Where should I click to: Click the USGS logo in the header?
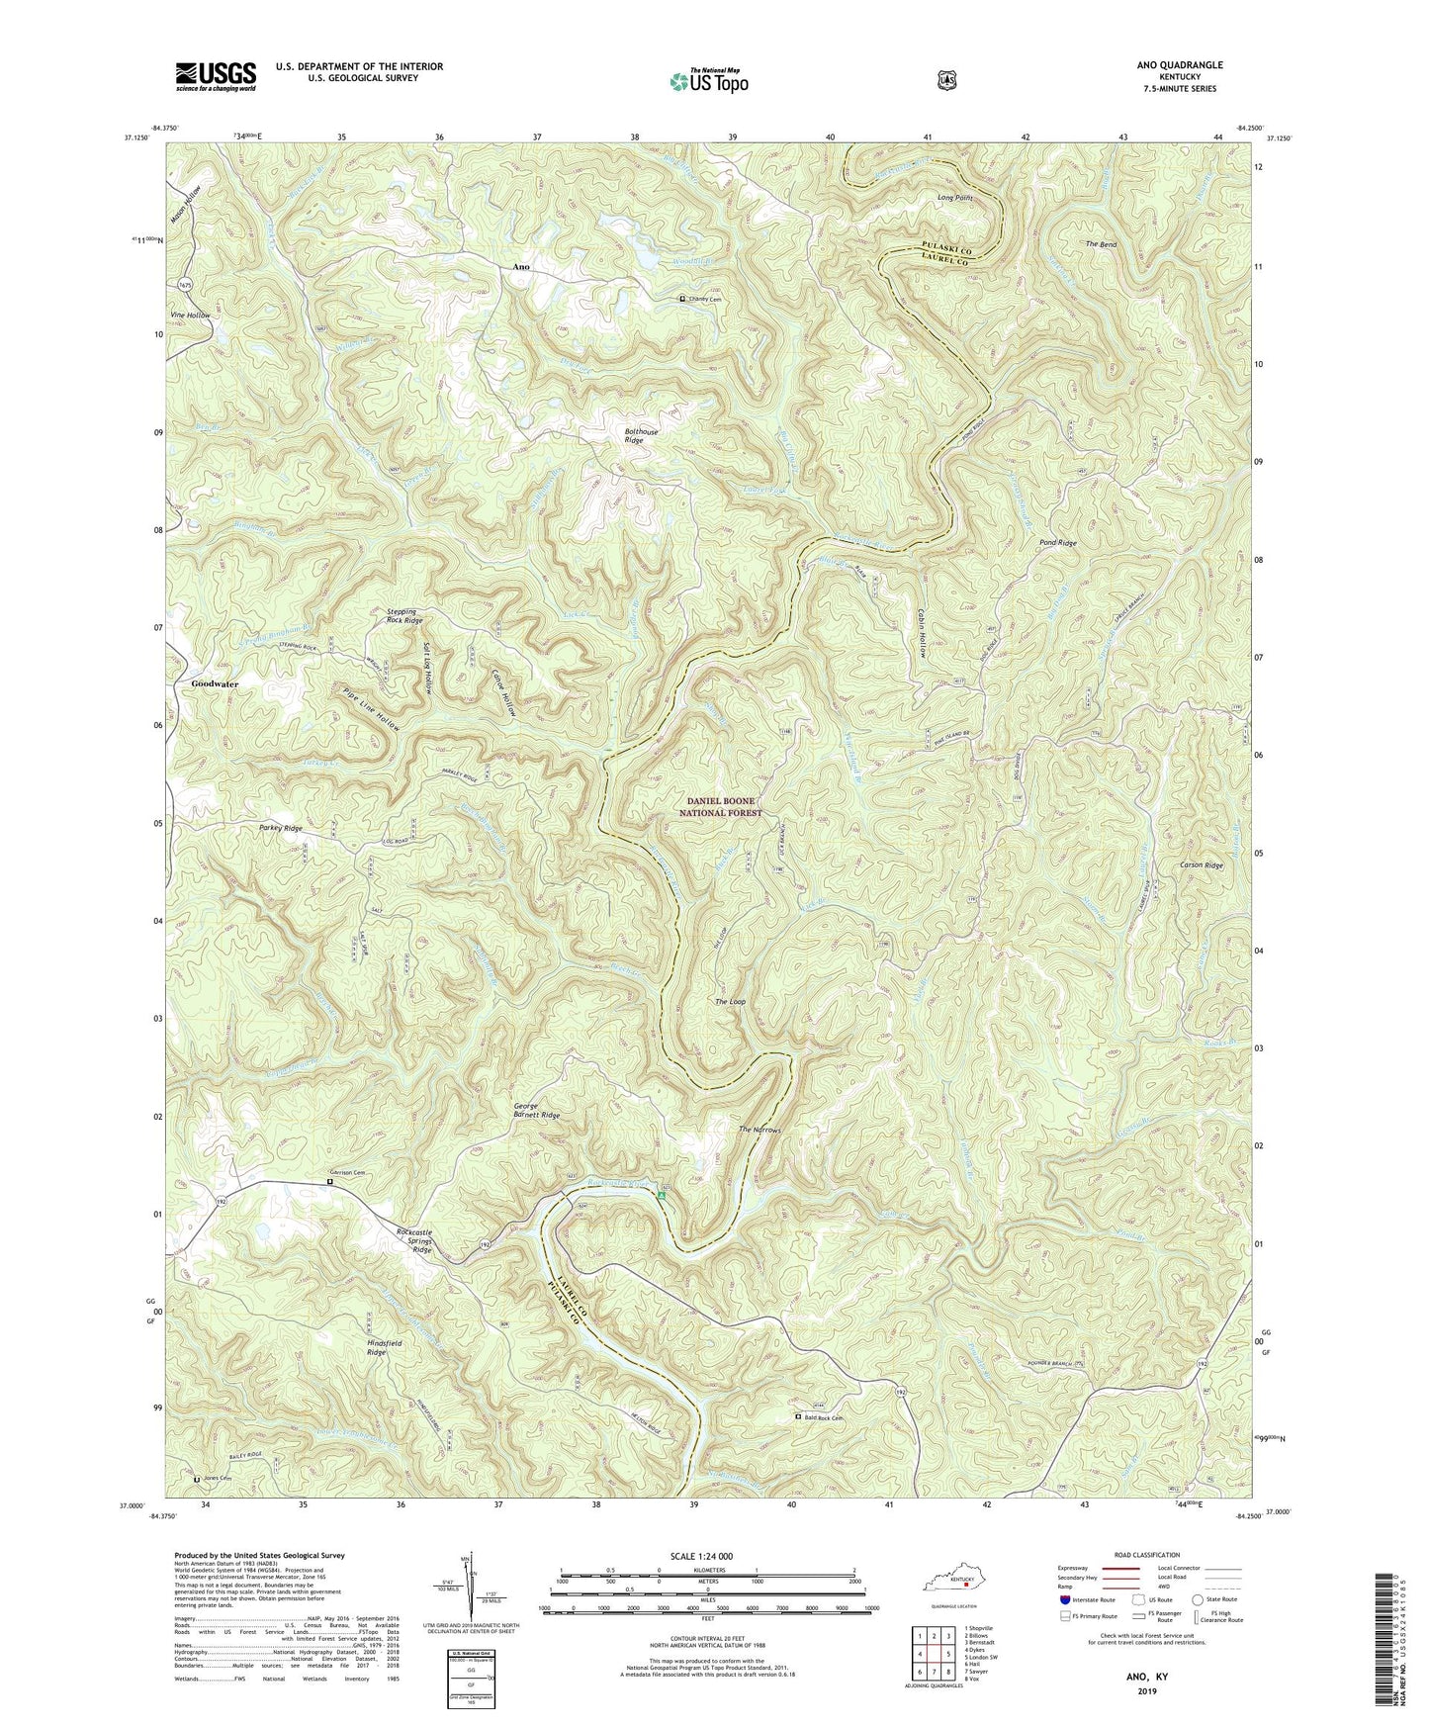(216, 76)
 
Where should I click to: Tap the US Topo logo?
(707, 80)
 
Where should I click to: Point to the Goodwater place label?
(210, 683)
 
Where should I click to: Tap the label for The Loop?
(730, 1002)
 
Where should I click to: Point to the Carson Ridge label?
(1202, 864)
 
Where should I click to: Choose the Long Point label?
(955, 198)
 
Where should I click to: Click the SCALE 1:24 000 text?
(707, 1556)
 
